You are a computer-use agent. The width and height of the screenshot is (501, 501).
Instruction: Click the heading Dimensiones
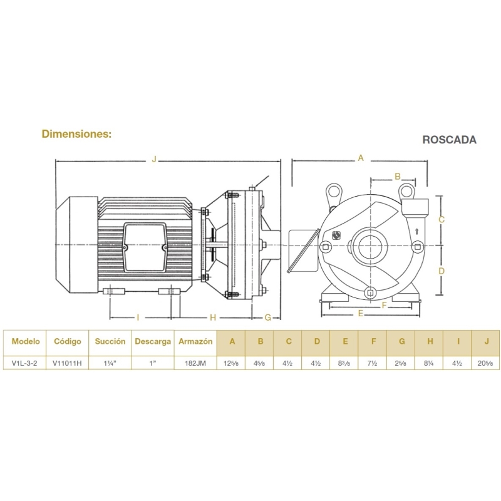[x=76, y=133]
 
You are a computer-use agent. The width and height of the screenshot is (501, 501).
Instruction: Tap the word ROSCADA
[x=449, y=140]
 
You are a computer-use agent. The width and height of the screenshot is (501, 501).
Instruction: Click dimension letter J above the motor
[x=154, y=159]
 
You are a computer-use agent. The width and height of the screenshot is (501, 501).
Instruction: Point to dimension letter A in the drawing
[x=361, y=158]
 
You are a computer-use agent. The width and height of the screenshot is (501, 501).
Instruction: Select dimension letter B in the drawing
[x=398, y=177]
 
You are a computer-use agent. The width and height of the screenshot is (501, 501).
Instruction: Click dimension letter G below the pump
[x=268, y=318]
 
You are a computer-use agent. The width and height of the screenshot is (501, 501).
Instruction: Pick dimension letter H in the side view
[x=213, y=318]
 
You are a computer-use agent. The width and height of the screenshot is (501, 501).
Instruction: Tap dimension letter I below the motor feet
[x=138, y=318]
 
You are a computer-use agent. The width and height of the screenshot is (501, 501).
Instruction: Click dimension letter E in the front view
[x=361, y=314]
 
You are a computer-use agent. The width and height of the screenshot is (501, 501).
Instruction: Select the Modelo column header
[x=26, y=341]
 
